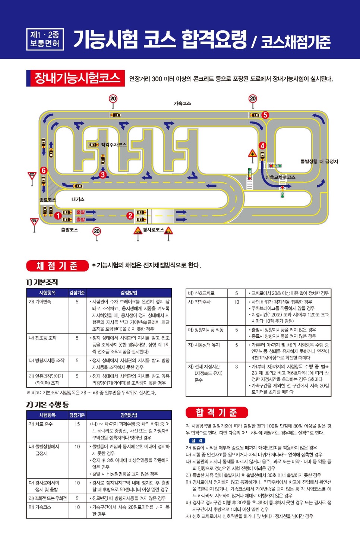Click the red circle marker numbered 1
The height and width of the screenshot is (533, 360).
coord(58,215)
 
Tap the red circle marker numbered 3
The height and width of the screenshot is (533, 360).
coord(102,174)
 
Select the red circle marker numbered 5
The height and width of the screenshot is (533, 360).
coord(265,115)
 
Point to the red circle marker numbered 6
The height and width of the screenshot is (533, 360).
coord(44,170)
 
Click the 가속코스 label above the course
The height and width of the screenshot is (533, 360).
coord(182,103)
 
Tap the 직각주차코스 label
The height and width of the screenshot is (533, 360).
coord(114,145)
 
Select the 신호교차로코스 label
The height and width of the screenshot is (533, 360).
coord(280,177)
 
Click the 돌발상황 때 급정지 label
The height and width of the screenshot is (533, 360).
coord(319,161)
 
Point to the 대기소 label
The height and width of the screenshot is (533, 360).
coord(78,199)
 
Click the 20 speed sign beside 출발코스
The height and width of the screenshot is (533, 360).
coord(97,231)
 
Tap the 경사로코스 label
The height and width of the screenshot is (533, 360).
coord(153,230)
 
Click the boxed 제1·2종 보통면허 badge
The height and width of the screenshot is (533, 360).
coord(45,40)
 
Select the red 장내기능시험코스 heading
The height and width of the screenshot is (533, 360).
coord(76,78)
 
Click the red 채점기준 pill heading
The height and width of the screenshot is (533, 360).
coord(57,266)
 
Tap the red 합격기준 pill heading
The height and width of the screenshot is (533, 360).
coord(217,412)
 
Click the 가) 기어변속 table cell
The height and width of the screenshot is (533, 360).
coord(40,302)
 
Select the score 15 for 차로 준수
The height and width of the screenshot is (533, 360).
coord(77,424)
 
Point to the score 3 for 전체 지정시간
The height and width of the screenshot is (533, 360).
coord(236,367)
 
